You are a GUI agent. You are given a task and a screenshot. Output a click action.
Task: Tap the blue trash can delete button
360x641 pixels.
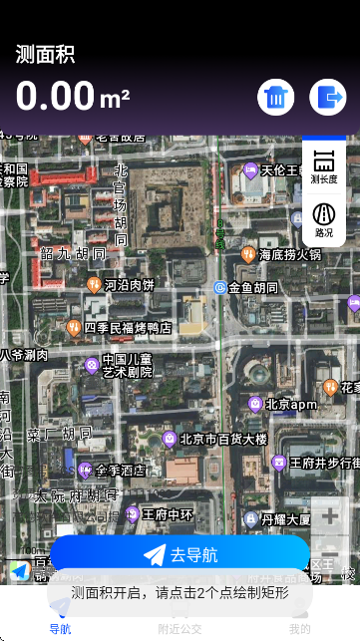click(276, 97)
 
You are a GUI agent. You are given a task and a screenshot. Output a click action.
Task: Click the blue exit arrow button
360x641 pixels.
click(327, 97)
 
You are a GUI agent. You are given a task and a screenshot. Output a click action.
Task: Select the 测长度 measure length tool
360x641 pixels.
click(324, 165)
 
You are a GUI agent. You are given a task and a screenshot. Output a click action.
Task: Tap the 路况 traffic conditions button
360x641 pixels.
click(324, 219)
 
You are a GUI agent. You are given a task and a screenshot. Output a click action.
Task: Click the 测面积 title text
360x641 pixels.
click(45, 54)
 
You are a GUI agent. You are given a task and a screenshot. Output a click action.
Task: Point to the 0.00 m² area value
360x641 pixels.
click(73, 97)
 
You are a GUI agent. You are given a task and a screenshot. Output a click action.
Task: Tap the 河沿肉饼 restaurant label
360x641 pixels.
click(130, 285)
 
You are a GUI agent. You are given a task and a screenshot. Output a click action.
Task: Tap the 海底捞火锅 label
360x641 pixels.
click(289, 254)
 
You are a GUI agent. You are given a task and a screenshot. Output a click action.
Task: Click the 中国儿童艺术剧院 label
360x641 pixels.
click(127, 365)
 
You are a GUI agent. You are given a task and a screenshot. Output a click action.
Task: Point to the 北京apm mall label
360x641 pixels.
click(289, 405)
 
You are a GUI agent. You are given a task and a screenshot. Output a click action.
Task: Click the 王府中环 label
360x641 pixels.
click(167, 514)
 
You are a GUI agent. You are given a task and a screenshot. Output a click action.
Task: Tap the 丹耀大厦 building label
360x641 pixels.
click(285, 518)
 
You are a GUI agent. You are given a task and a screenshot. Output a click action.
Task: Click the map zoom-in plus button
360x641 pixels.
click(329, 516)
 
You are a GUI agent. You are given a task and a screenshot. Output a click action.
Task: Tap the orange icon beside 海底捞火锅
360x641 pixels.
click(248, 254)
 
